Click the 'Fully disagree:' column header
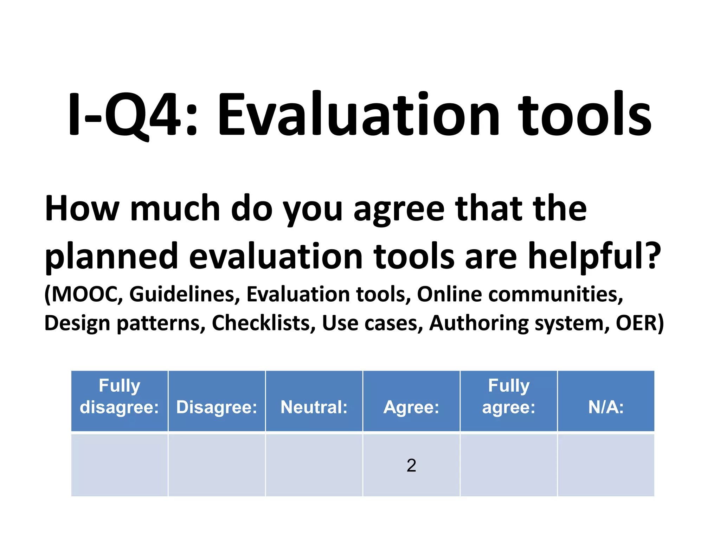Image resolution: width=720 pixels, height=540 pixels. [x=120, y=397]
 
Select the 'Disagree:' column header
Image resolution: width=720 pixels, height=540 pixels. [x=217, y=407]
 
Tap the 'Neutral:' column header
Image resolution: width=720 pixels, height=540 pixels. [x=314, y=407]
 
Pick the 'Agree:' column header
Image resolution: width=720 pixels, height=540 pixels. [x=411, y=407]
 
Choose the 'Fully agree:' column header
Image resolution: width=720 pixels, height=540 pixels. [x=509, y=397]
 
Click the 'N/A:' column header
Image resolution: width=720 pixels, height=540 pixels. [x=606, y=407]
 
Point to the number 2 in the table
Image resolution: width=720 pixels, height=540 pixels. [x=411, y=465]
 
